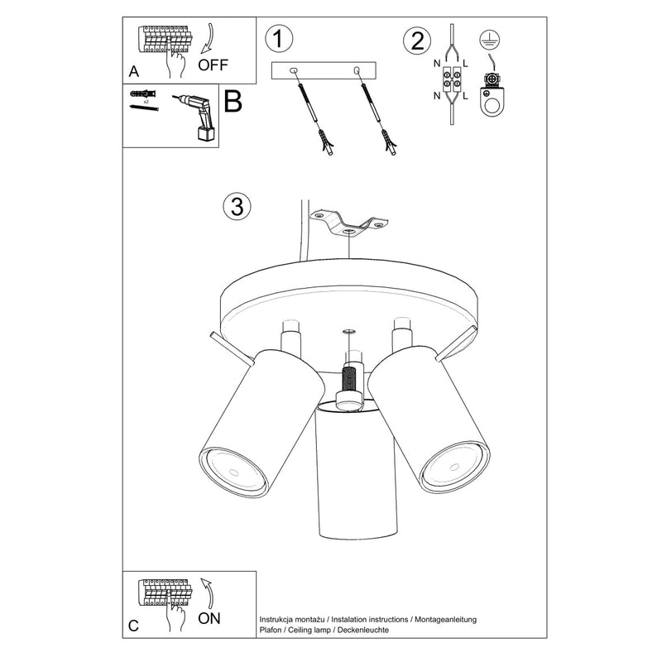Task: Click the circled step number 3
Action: pos(237,207)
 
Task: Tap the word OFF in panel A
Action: pos(213,65)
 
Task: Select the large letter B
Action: pos(233,103)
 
